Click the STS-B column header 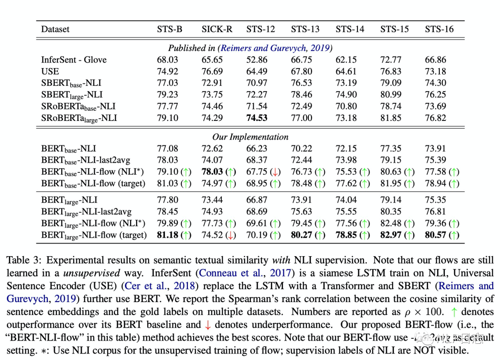coord(169,29)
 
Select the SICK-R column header coord(217,29)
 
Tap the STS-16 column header coord(439,29)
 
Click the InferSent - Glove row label coord(74,60)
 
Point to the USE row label coord(50,71)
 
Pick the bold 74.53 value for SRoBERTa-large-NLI coord(257,118)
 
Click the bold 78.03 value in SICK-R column coord(212,172)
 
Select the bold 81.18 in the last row coord(168,235)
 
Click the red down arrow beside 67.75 coord(275,172)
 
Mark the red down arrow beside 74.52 coord(231,235)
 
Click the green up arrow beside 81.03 coord(186,183)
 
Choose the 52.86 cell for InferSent coord(257,60)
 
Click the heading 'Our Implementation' coord(250,137)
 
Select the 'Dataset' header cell coord(55,29)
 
